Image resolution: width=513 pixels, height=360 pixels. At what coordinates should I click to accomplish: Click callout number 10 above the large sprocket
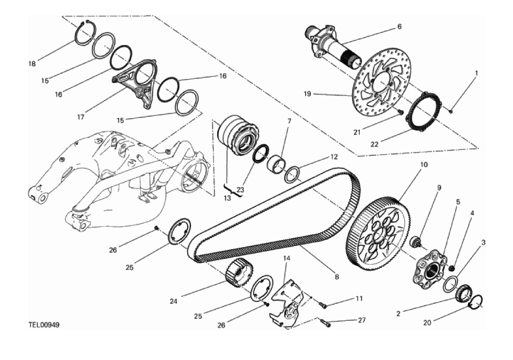424,166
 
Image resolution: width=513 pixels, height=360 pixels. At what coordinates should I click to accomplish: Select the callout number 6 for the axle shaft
400,27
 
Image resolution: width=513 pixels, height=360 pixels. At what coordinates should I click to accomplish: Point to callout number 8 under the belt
337,277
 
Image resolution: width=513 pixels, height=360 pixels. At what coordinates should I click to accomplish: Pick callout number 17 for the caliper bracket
81,118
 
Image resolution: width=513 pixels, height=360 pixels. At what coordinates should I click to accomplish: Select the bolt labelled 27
325,322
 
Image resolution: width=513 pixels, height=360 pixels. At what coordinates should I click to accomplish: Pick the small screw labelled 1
451,110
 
